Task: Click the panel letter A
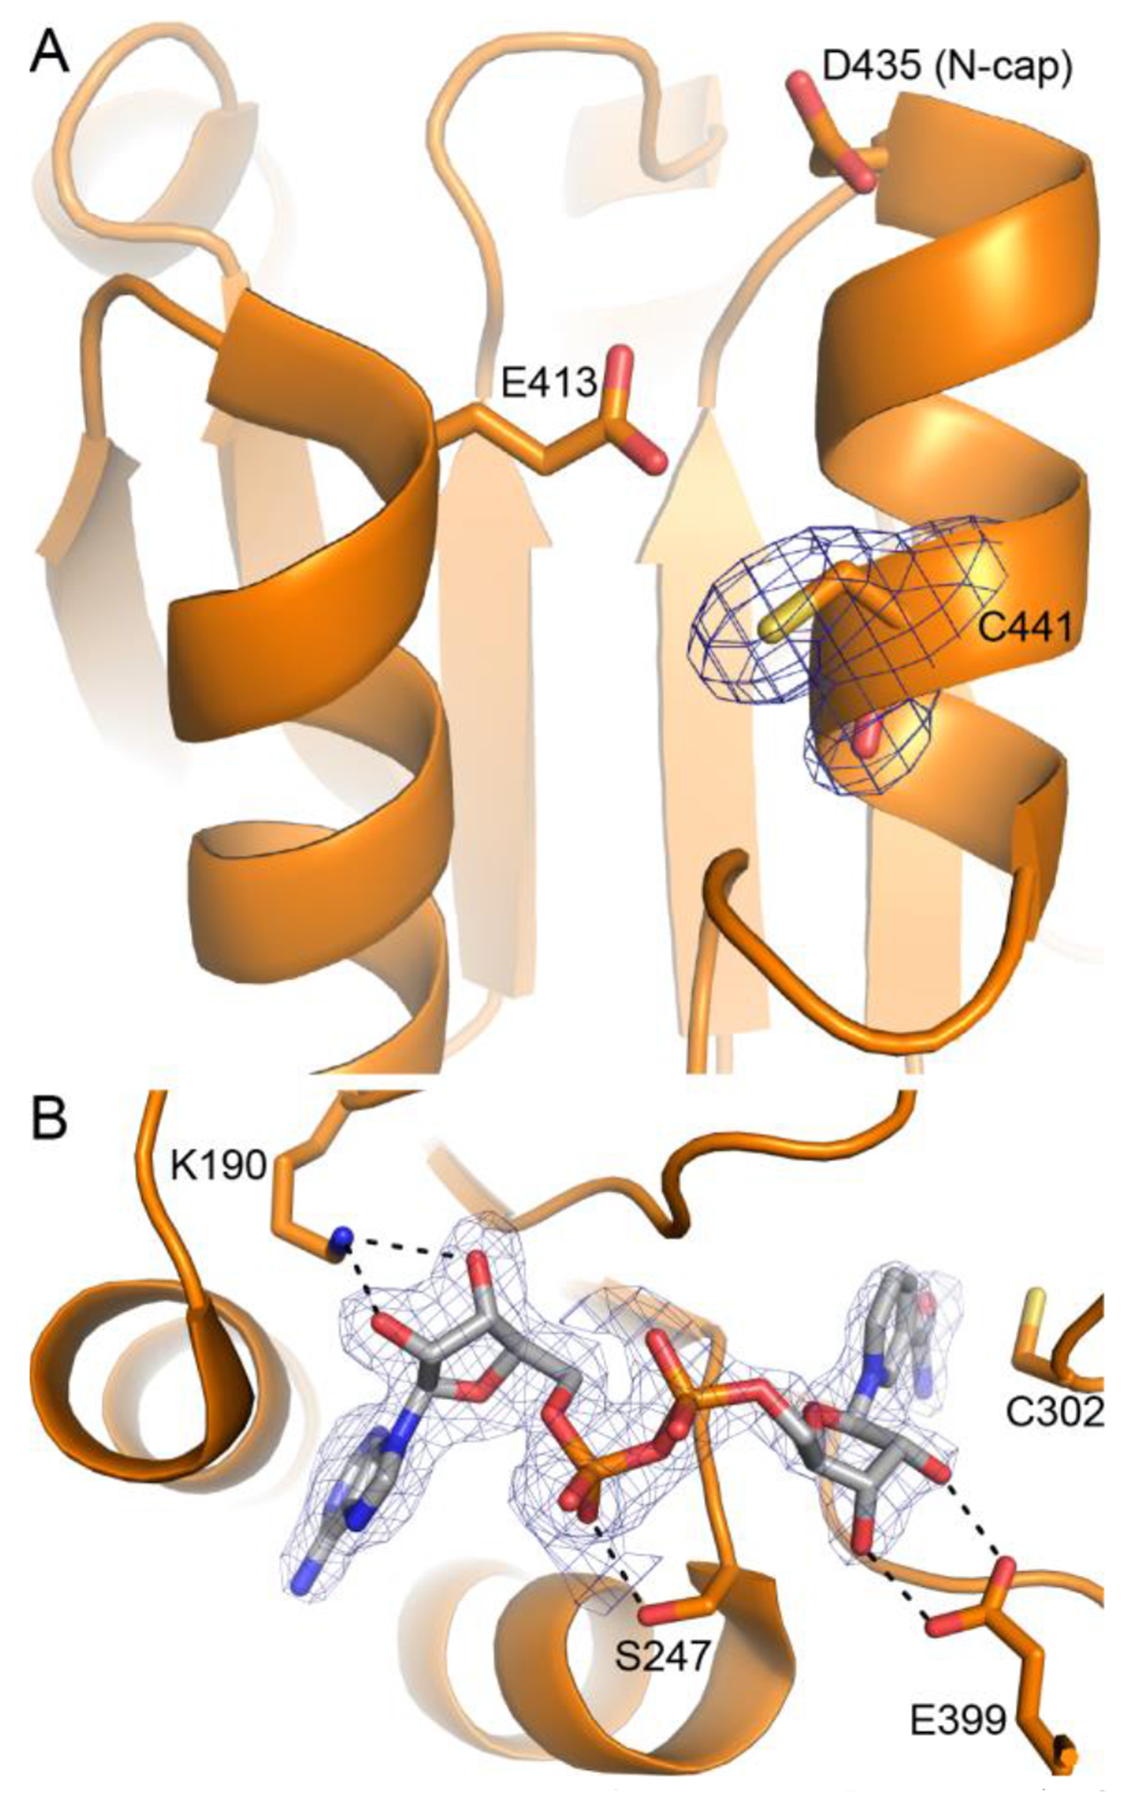(x=50, y=53)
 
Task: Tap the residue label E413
(x=548, y=384)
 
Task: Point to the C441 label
(x=1024, y=630)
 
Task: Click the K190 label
(x=219, y=1166)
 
